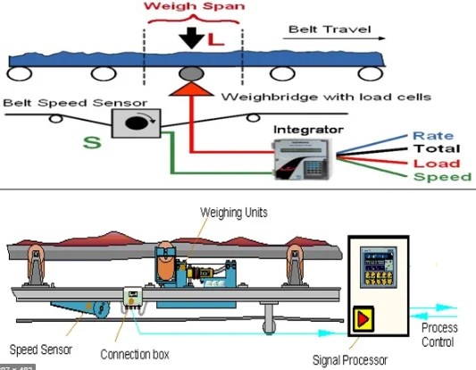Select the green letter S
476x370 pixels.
coord(89,141)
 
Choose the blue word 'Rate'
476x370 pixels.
coord(433,136)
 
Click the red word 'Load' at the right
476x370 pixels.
coord(435,164)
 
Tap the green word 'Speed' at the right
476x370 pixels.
coord(441,177)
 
